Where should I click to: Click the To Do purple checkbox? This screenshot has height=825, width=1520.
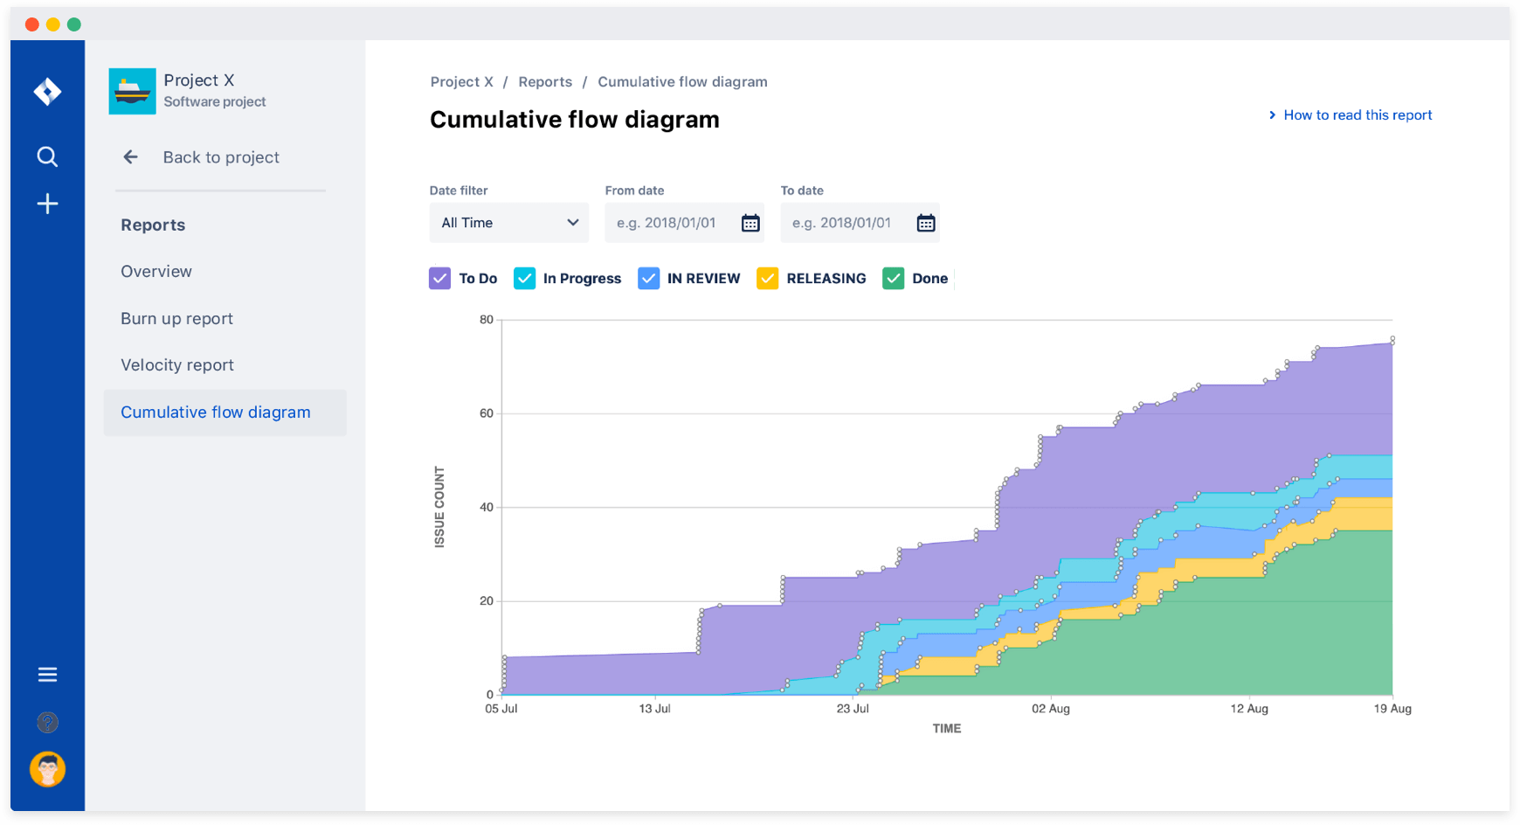(440, 279)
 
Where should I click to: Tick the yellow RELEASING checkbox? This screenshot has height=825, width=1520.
(767, 279)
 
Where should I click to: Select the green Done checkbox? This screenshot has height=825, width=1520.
(893, 279)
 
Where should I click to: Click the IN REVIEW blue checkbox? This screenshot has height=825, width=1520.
(648, 279)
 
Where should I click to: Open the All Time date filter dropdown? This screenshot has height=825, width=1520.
(509, 223)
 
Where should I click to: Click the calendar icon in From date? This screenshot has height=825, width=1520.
(750, 223)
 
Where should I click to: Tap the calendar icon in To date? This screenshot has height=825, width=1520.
(926, 223)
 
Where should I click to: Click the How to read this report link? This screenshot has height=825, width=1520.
(1357, 115)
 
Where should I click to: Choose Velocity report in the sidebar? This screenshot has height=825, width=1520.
(177, 365)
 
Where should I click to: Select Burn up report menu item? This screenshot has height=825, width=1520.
(176, 319)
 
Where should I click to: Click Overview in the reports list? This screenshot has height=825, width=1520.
(156, 272)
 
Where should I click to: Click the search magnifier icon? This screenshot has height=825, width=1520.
(47, 156)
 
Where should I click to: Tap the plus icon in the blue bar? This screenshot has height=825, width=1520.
(47, 204)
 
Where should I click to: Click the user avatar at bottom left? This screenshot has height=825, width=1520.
(47, 769)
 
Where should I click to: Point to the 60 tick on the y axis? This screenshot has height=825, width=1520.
(487, 413)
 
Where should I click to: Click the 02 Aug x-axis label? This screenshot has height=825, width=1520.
(1050, 709)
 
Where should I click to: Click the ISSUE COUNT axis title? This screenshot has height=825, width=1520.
(439, 507)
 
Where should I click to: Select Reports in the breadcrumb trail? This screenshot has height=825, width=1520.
(545, 82)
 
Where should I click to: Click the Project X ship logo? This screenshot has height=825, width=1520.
(132, 91)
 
